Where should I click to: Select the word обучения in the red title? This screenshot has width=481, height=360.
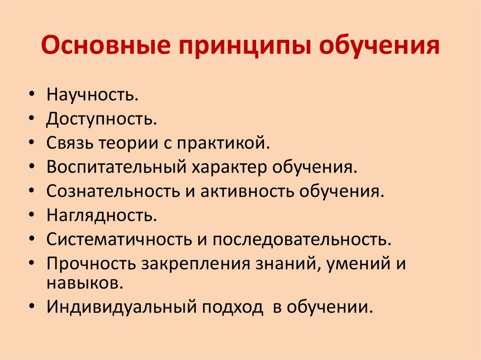point(379,46)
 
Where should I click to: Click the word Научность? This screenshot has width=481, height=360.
point(93,94)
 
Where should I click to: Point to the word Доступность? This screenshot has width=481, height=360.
point(101,119)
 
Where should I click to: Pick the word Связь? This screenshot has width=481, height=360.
point(70,143)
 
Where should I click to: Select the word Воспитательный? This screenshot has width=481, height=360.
point(116,167)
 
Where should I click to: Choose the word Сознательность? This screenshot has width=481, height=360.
point(113,191)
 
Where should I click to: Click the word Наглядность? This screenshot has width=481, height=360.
point(102,215)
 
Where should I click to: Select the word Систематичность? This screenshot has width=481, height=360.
point(119,239)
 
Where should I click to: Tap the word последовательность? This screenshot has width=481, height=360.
point(302,239)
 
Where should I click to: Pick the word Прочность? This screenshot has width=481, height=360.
point(91,263)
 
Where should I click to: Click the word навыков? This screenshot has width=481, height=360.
point(85,283)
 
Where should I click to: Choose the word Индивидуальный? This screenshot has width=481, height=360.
point(122,306)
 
